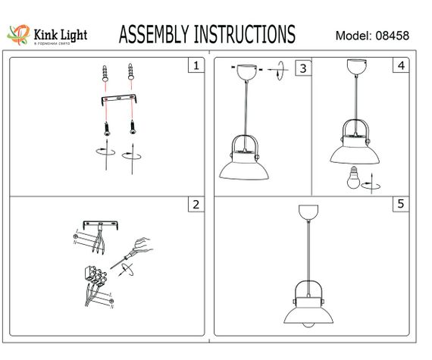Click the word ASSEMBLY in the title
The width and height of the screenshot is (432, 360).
pos(155,35)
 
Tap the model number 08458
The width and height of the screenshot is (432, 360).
pos(393,36)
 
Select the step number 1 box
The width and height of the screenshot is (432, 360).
pos(196,65)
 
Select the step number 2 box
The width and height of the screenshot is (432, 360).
pos(196,204)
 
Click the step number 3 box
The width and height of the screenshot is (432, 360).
pos(302,68)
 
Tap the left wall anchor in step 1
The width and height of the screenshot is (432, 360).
pos(105,74)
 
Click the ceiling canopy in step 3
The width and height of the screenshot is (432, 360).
pos(246,70)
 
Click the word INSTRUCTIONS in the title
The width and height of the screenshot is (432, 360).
pos(246,35)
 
